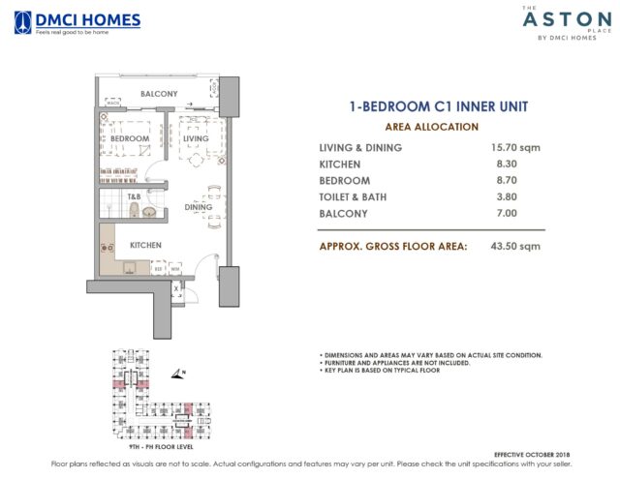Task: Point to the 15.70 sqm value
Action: (513, 148)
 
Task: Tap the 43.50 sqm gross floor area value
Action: (513, 247)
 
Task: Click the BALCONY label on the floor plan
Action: (159, 94)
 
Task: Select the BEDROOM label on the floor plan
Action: (130, 139)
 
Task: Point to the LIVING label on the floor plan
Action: (196, 139)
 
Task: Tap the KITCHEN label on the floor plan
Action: (145, 245)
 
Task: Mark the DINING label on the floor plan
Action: (198, 207)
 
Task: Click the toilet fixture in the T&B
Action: (148, 210)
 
